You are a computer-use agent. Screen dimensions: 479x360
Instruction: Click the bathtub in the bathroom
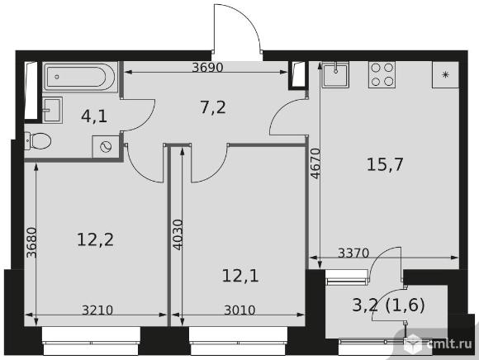(80, 77)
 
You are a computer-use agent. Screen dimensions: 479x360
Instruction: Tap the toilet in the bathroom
(37, 140)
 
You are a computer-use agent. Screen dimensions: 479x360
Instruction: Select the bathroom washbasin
(52, 110)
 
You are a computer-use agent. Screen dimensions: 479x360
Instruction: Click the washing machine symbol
(106, 147)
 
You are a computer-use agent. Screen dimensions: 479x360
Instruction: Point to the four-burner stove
(382, 75)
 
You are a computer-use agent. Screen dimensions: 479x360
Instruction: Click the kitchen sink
(335, 75)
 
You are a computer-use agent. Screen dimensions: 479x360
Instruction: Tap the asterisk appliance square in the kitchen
(445, 75)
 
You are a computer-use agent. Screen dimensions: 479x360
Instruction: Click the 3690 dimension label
(208, 68)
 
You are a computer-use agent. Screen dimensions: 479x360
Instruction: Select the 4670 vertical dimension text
(315, 163)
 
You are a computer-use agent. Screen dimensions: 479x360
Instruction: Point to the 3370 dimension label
(354, 253)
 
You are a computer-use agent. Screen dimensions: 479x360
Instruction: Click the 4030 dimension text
(178, 234)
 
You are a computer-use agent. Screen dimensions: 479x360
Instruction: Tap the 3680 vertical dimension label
(31, 243)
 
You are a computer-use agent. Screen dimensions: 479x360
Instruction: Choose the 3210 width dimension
(97, 310)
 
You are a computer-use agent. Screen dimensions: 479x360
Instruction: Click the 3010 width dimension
(239, 310)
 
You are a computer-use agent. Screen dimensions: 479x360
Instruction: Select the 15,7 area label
(385, 164)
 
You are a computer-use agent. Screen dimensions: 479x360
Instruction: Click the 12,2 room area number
(95, 239)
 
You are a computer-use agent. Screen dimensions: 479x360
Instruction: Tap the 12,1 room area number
(240, 276)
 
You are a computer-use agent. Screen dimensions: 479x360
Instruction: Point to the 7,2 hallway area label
(213, 107)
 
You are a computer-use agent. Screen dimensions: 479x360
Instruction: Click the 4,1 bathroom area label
(94, 116)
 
